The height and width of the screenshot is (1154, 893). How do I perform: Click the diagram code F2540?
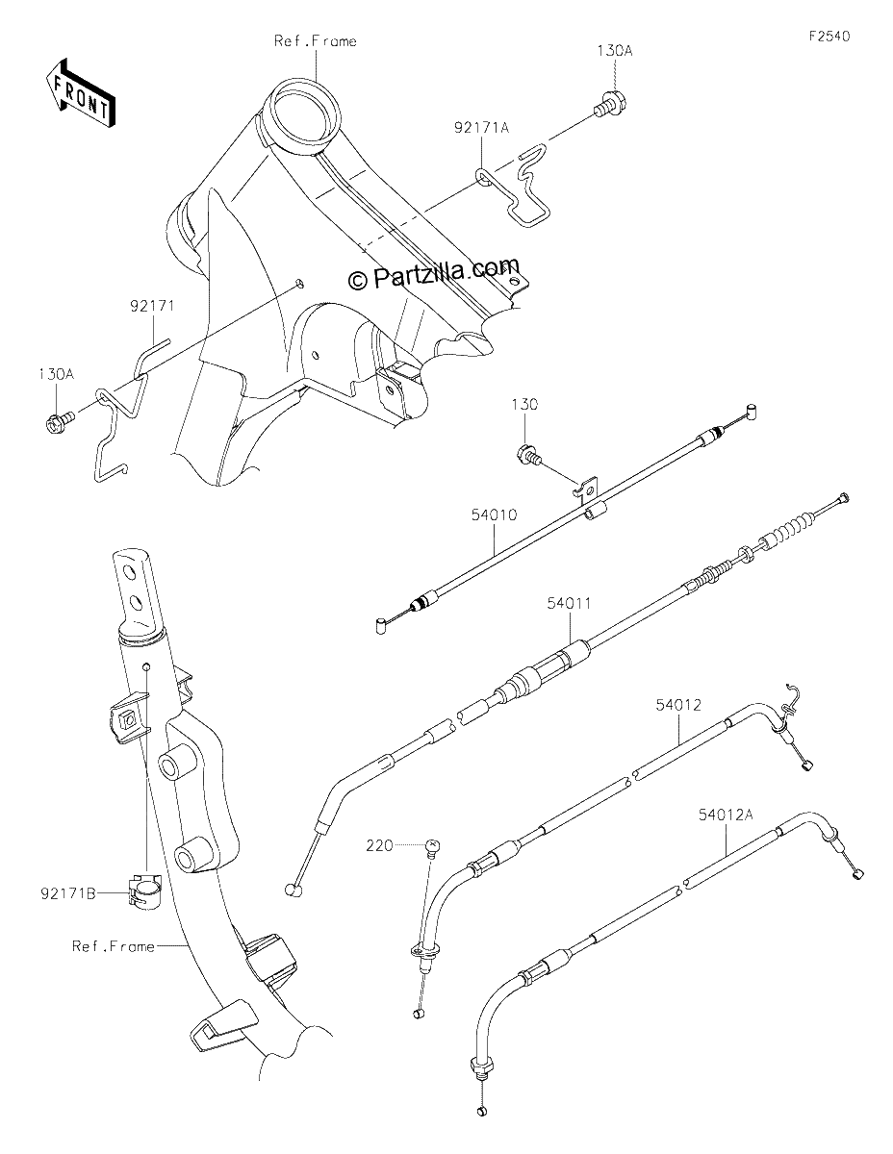tap(829, 36)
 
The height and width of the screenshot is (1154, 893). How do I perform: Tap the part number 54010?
tap(494, 514)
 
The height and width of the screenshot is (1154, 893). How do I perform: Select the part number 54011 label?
tap(570, 603)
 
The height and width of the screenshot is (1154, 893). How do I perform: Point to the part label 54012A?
tap(726, 815)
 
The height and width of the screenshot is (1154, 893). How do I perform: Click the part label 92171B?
tap(68, 894)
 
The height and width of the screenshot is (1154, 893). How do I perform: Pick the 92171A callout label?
tap(481, 128)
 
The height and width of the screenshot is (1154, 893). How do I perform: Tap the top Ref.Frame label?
tap(315, 41)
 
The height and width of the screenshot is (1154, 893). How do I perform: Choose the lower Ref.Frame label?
tap(114, 946)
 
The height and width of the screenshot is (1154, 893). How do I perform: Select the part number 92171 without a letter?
tap(152, 306)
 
